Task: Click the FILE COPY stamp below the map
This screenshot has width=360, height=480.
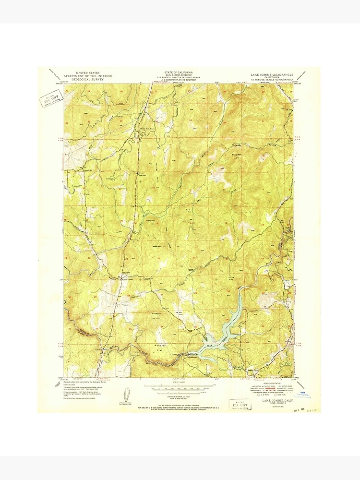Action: tap(240, 404)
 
